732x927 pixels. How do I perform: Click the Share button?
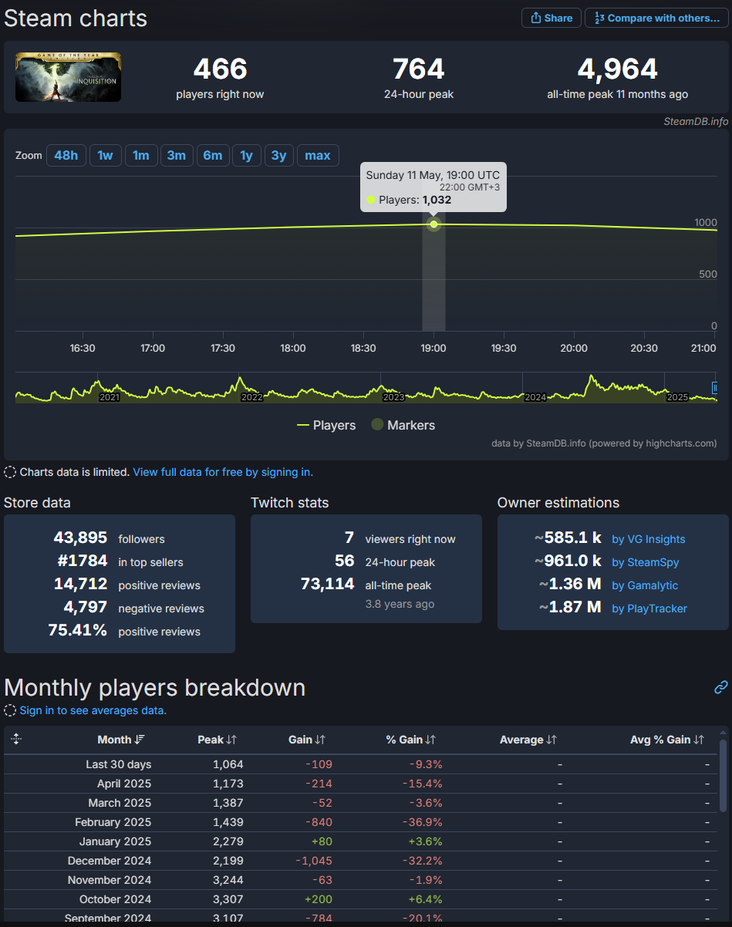coord(551,18)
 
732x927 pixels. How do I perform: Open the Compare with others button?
coord(656,18)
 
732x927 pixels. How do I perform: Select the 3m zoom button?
coord(177,155)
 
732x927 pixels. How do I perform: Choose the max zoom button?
coord(318,155)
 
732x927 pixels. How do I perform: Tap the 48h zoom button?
coord(66,155)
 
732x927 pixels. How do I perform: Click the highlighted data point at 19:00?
coord(433,224)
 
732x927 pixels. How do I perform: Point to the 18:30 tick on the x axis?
coord(363,349)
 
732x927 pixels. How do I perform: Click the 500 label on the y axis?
coord(707,274)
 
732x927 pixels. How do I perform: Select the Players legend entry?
coord(326,425)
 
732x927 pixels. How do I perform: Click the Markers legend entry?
coord(403,425)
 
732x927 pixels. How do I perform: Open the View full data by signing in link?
coord(223,472)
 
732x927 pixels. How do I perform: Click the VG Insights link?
coord(648,539)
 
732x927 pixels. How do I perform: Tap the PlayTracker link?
coord(649,608)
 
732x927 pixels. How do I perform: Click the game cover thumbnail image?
coord(68,77)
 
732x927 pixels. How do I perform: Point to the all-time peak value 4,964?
coord(617,69)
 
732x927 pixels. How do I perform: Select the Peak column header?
coord(217,740)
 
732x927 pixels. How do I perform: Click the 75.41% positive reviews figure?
coord(78,631)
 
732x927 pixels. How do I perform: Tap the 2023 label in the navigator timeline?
coord(393,397)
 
